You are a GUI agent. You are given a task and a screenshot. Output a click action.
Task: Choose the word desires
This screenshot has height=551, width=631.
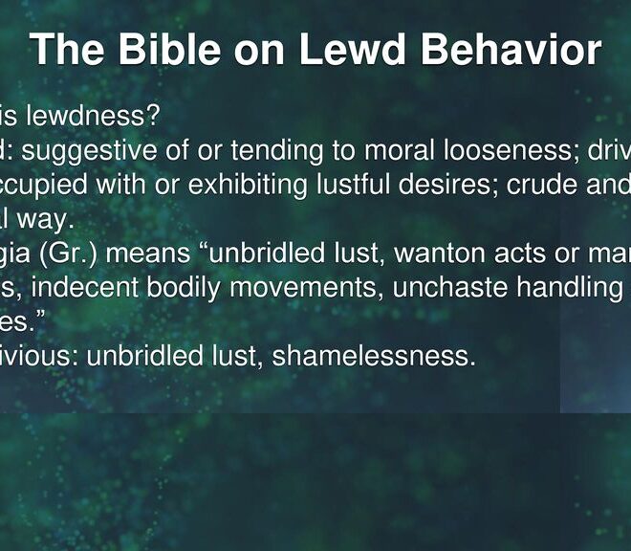pyautogui.click(x=448, y=186)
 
